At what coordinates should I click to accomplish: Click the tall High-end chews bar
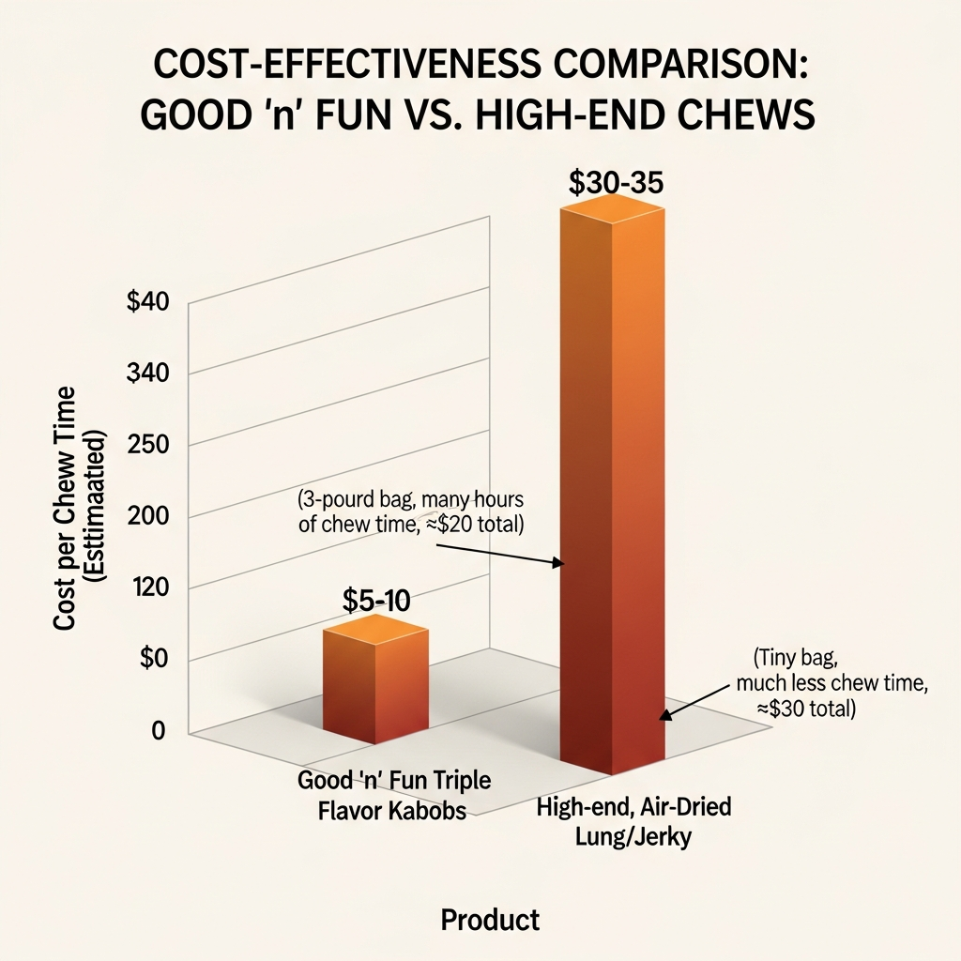612,488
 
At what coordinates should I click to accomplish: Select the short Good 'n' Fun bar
375,680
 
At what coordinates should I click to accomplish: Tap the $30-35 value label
617,181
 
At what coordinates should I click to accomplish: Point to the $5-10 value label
375,601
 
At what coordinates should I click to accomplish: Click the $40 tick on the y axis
146,303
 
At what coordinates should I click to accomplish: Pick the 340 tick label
146,374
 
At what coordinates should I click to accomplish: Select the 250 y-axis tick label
146,445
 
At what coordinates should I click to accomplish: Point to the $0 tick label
153,659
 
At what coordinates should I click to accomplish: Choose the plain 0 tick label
159,731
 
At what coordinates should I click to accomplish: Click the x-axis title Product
490,920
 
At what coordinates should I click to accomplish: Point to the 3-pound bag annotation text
410,511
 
